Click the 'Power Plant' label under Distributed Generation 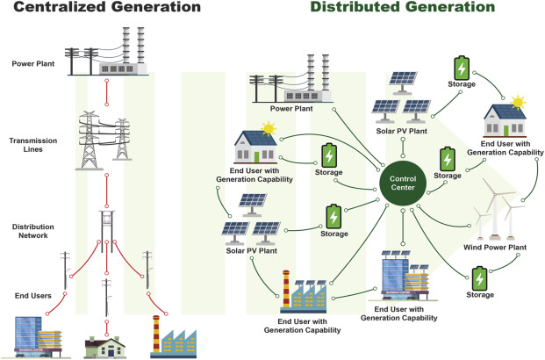point(292,110)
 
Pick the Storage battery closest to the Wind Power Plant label point(479,279)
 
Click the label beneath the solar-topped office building point(403,314)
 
